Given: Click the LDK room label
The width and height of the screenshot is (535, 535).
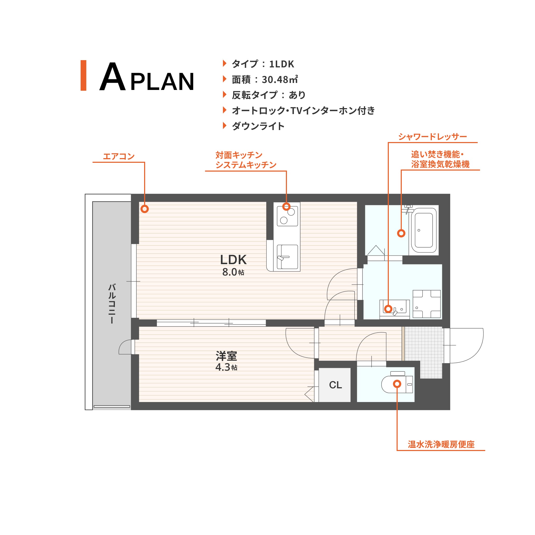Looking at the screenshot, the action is tap(233, 259).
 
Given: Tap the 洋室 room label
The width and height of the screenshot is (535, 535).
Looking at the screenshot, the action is tap(226, 356).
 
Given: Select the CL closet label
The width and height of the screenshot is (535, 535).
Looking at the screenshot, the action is tap(335, 385).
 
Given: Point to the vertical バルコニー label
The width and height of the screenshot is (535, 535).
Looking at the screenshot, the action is tap(112, 304).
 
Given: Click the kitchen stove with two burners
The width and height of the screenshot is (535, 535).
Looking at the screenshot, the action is tap(287, 216).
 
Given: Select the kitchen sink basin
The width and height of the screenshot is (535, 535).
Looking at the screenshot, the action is tap(287, 257).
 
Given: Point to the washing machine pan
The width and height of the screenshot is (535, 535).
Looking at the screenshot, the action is tap(426, 304).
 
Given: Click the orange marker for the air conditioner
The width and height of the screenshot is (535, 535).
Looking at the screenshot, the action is tap(145, 209).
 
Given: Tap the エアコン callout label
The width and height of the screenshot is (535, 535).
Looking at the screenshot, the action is tap(119, 157).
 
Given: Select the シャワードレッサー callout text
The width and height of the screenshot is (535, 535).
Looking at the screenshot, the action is tap(433, 137).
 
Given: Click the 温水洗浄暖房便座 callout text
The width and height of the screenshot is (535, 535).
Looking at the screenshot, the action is tap(441, 445).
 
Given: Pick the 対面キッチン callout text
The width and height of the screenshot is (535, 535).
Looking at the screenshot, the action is tap(239, 155).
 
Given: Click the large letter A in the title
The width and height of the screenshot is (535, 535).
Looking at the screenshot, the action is tap(112, 76).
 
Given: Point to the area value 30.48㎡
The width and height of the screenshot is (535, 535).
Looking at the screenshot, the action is tap(280, 80).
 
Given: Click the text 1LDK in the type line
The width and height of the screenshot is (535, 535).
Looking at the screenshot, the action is tap(281, 64).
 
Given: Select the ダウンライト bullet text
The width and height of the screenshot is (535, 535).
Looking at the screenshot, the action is tap(258, 126).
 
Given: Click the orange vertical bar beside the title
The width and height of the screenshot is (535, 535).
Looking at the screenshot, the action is tap(83, 75).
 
